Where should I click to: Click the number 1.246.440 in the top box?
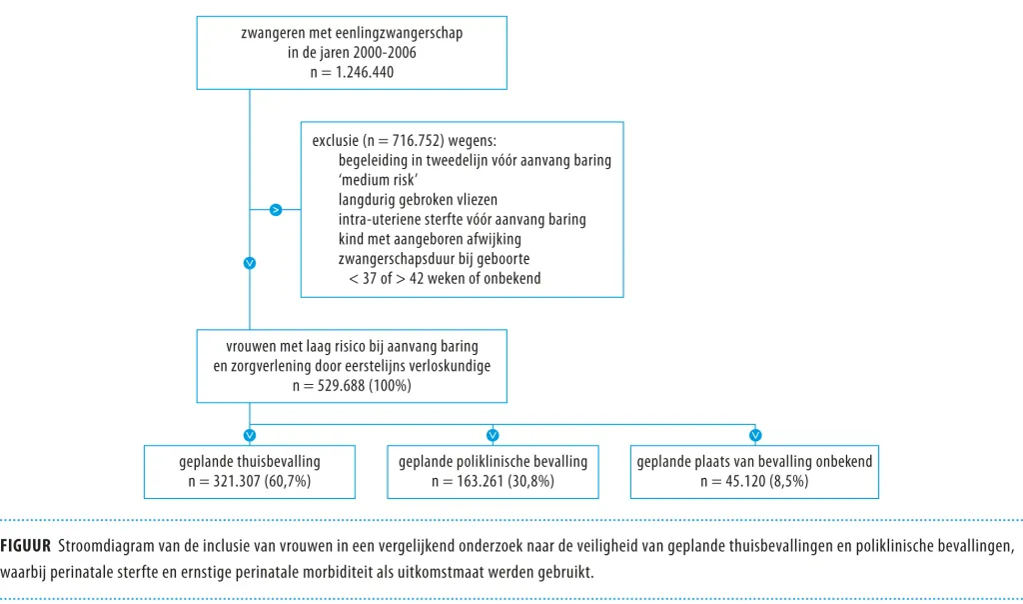(365, 72)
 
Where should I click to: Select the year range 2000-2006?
(385, 52)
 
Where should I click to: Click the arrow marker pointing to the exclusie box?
(276, 210)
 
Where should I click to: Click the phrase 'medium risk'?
(379, 180)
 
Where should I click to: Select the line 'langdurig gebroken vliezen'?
(418, 200)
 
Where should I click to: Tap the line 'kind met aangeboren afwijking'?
(430, 239)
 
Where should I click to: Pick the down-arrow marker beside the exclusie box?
(249, 263)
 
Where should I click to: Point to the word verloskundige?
(446, 366)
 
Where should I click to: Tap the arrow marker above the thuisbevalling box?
(249, 435)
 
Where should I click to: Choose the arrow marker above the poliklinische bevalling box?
(493, 435)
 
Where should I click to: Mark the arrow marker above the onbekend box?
(755, 435)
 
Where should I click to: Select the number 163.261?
(480, 481)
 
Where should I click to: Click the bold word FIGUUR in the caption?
(25, 546)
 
